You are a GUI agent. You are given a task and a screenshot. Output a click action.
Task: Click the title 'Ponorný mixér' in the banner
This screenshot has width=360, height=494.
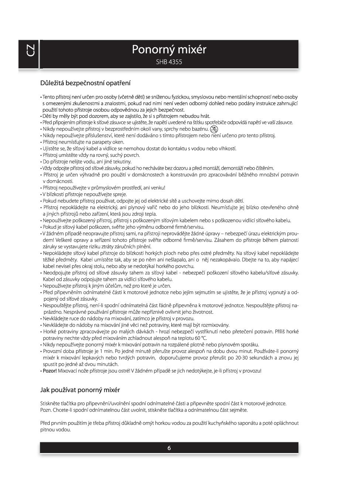pyautogui.click(x=169, y=49)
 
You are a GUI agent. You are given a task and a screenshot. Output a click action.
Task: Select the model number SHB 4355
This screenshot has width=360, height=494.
pyautogui.click(x=169, y=62)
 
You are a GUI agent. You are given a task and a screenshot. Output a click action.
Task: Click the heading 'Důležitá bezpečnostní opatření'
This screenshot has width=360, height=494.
pyautogui.click(x=85, y=83)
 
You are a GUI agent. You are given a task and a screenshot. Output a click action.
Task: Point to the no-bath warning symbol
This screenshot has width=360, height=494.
pyautogui.click(x=214, y=129)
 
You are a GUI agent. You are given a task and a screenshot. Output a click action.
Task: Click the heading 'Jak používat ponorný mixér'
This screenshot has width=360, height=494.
pyautogui.click(x=80, y=390)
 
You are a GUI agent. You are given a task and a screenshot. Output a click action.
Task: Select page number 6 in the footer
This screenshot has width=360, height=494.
pyautogui.click(x=169, y=448)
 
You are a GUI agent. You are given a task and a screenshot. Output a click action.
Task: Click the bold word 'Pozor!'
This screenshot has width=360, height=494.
pyautogui.click(x=50, y=371)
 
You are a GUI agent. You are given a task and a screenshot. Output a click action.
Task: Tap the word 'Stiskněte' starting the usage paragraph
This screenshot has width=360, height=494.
pyautogui.click(x=51, y=404)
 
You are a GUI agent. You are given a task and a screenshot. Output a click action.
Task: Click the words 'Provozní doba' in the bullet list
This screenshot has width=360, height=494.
pyautogui.click(x=58, y=351)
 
